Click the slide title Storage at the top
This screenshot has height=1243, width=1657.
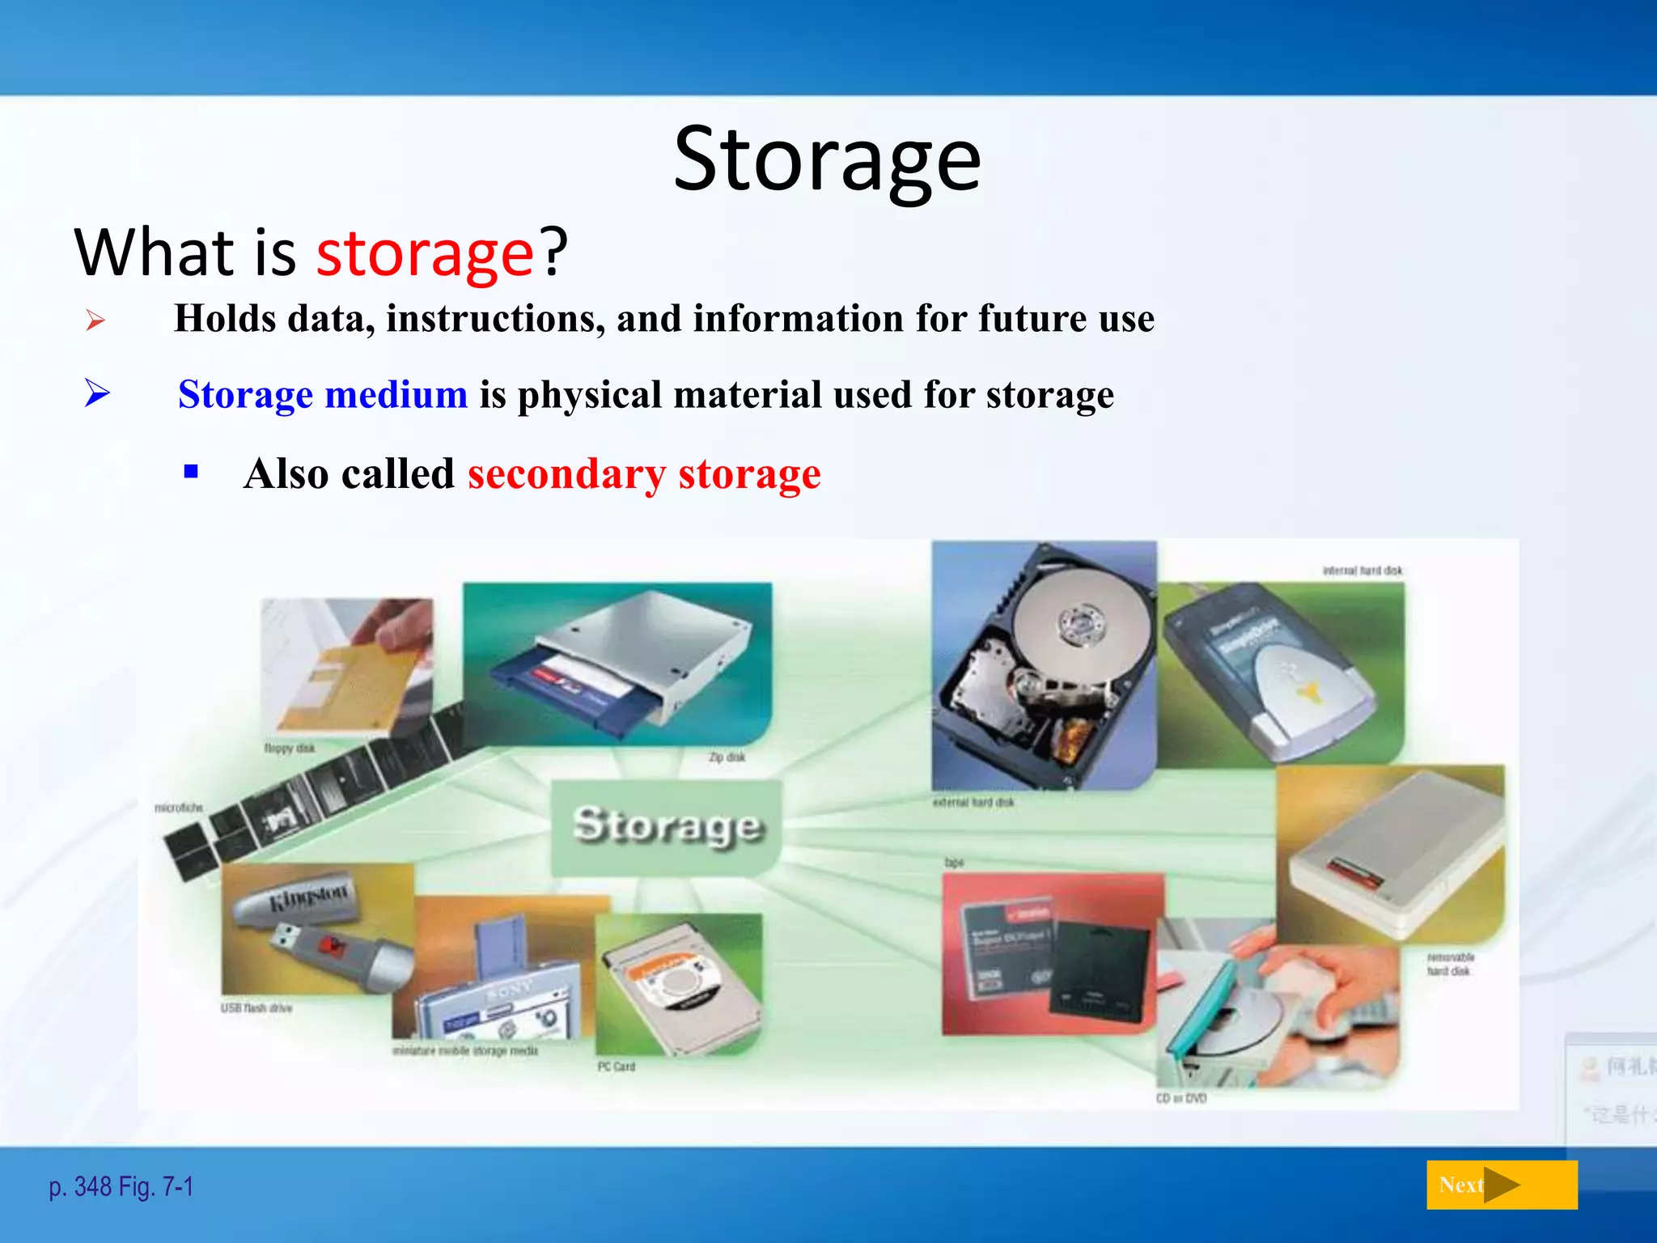pos(827,160)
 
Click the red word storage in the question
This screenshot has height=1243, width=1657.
pos(425,253)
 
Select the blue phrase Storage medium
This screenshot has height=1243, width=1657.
pos(323,395)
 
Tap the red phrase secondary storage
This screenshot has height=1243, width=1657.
pos(644,474)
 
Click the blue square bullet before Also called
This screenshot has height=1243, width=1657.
pos(191,472)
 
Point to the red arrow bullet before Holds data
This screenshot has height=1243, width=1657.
pos(95,320)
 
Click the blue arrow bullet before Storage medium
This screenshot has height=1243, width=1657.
pos(97,394)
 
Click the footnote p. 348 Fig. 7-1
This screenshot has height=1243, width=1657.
pos(121,1187)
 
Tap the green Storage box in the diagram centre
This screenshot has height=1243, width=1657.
pos(667,826)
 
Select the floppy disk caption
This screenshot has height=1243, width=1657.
pos(289,749)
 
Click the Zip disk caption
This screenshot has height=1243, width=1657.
pos(727,757)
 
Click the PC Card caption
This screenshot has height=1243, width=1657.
pos(617,1067)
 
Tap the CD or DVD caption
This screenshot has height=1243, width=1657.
pos(1181,1098)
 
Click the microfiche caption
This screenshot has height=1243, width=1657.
pos(179,808)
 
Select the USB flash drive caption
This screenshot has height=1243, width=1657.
pos(256,1008)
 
